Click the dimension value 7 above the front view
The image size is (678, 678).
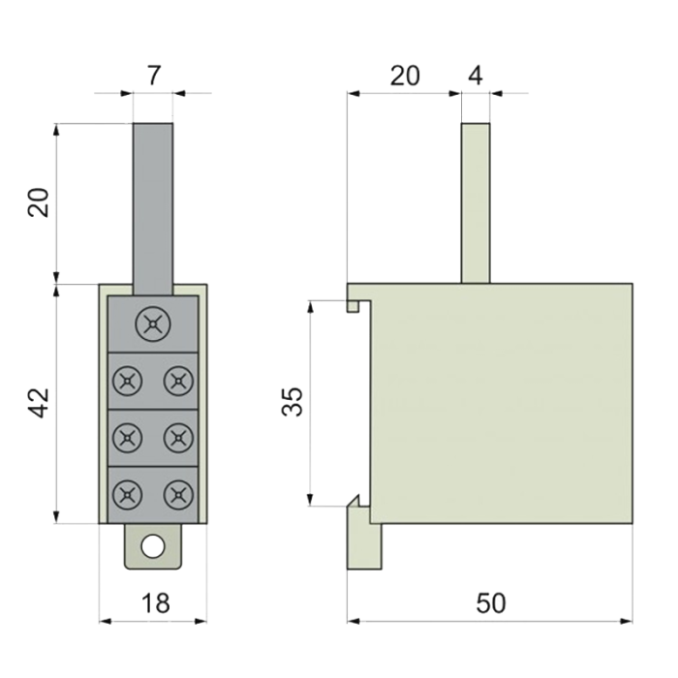(x=154, y=76)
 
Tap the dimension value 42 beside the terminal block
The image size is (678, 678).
(x=39, y=403)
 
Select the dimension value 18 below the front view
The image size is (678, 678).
(x=156, y=602)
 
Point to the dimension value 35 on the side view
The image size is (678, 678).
(x=292, y=402)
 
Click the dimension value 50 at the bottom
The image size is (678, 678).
(x=491, y=602)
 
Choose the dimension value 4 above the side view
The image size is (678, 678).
(x=476, y=76)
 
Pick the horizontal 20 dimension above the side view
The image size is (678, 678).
(x=405, y=76)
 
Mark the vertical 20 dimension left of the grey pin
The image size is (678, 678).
(x=39, y=202)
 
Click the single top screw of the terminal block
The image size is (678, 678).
(x=153, y=324)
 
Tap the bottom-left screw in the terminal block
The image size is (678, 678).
(x=127, y=495)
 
